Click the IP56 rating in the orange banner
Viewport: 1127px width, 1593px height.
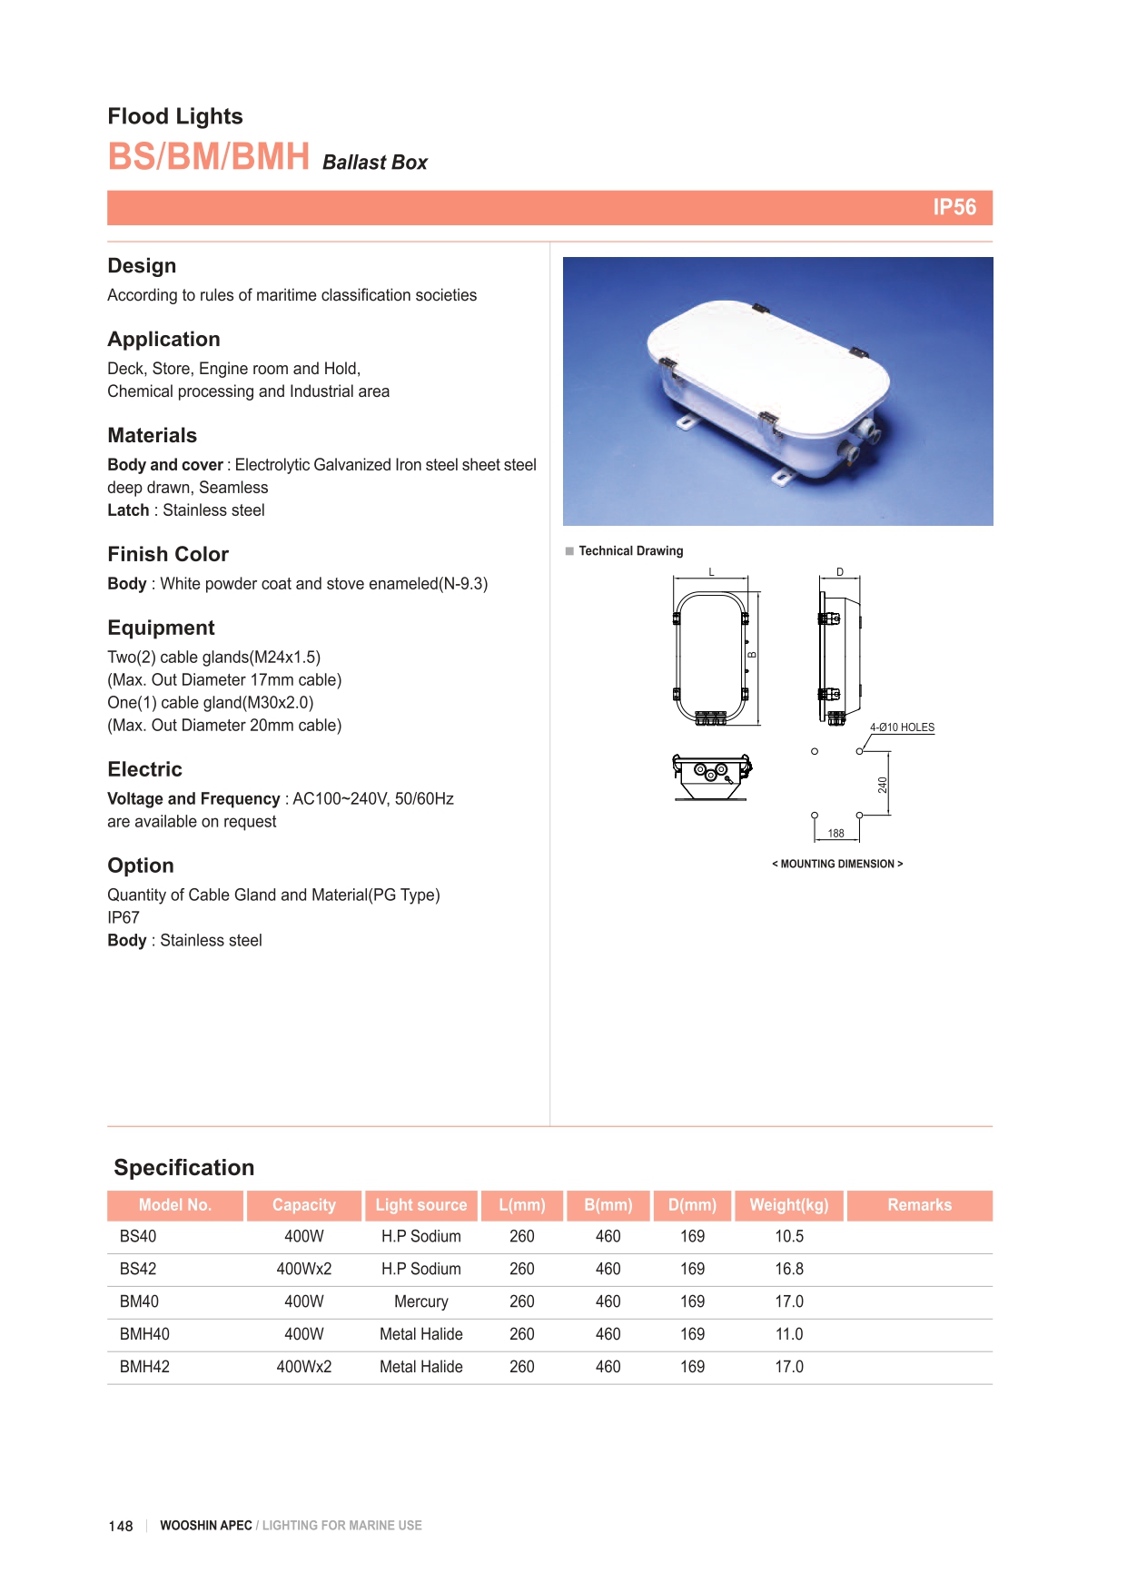coord(954,207)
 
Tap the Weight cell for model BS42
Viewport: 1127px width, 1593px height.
coord(788,1269)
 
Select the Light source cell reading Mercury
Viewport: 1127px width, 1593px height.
coord(420,1301)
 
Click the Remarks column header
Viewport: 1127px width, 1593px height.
coord(919,1205)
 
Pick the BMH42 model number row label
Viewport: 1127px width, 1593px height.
coord(144,1367)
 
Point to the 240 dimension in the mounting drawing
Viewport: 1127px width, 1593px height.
coord(882,785)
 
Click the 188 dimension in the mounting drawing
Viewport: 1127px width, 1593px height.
coord(835,833)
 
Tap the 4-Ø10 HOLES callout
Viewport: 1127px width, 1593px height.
coord(902,727)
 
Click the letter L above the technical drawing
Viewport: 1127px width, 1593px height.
coord(712,572)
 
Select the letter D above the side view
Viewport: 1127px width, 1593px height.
coord(840,572)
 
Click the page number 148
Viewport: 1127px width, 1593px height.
coord(120,1526)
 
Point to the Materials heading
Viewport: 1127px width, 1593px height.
coord(152,435)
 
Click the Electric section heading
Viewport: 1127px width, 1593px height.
coord(144,769)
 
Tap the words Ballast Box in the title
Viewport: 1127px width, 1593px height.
coord(374,163)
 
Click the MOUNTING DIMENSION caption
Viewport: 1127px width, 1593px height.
coord(836,864)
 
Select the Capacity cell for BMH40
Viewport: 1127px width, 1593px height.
coord(303,1334)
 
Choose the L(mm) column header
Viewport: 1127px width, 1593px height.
coord(521,1205)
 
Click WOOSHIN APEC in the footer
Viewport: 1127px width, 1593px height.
coord(205,1526)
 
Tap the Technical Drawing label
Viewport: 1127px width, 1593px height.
coord(630,551)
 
